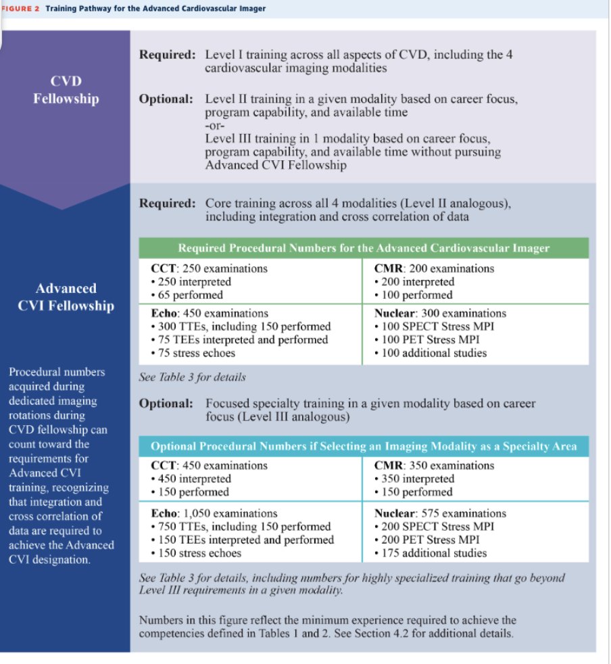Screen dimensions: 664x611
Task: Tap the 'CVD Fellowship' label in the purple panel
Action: (66, 91)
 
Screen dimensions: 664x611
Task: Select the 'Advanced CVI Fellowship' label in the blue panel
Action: (66, 297)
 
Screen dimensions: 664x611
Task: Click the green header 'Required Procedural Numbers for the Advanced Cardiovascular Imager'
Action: (363, 248)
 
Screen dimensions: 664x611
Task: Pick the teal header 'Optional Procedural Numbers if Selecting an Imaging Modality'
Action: (363, 447)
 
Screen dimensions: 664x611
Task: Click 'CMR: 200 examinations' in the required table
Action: (434, 268)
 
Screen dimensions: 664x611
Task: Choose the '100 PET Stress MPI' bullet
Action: (425, 339)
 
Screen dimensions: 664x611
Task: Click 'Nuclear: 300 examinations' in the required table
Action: (440, 313)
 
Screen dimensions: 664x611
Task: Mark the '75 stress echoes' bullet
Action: (189, 353)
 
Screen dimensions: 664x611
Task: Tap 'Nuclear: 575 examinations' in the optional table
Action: (440, 513)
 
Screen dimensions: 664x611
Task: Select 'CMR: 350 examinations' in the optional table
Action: (434, 465)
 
